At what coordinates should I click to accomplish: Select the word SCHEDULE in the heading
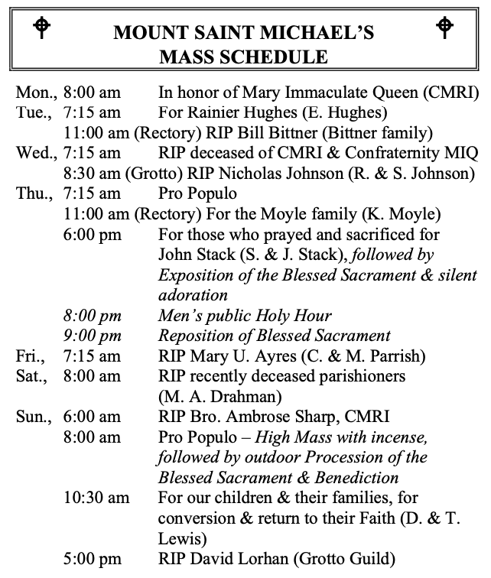[x=277, y=57]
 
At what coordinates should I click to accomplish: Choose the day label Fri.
[x=31, y=356]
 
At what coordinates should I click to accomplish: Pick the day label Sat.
[x=33, y=376]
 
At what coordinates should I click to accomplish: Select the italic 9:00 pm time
[x=92, y=336]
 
